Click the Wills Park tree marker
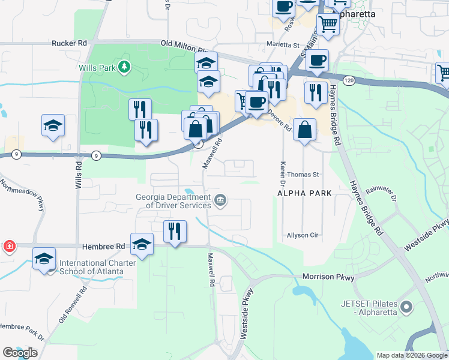(x=124, y=67)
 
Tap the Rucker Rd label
(x=70, y=43)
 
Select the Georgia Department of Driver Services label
(x=173, y=200)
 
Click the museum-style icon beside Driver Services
(x=220, y=200)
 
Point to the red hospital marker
(x=10, y=247)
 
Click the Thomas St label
(x=302, y=175)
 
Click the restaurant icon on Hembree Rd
(x=175, y=230)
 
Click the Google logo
(x=20, y=352)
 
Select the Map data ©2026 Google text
(x=411, y=355)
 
